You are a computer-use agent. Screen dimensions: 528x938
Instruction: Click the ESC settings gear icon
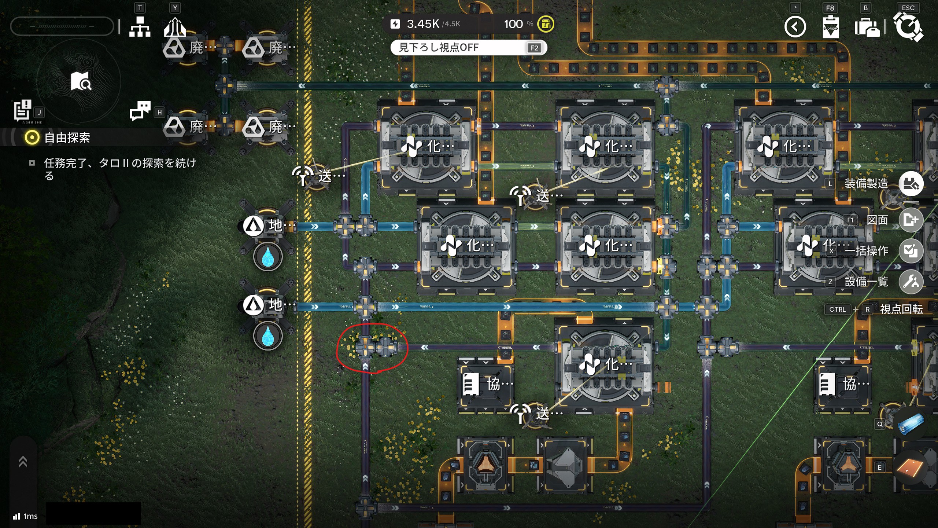point(908,26)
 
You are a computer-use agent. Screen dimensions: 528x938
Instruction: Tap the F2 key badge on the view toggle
point(534,48)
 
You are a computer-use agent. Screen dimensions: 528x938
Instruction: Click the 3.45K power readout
point(423,24)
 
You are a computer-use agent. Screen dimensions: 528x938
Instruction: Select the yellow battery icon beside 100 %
point(546,24)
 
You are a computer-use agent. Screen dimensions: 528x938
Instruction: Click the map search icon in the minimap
point(81,81)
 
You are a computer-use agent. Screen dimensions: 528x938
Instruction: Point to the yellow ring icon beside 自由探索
point(32,138)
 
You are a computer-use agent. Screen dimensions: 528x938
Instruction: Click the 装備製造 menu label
point(866,183)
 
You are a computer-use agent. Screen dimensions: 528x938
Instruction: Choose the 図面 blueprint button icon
point(911,220)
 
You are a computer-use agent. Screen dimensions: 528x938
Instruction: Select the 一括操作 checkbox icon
point(911,251)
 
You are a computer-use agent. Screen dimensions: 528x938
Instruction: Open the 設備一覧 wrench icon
point(911,282)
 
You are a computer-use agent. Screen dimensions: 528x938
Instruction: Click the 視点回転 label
point(901,309)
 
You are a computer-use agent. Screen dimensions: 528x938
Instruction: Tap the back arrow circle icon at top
point(795,27)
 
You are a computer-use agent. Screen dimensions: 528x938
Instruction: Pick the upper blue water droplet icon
point(268,256)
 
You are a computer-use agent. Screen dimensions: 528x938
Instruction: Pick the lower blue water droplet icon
point(268,335)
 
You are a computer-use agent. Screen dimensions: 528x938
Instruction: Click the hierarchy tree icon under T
point(140,27)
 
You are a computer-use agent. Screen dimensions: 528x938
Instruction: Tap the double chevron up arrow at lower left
point(23,462)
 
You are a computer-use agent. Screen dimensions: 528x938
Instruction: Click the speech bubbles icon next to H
point(140,110)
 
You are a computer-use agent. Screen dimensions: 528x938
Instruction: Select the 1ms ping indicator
point(26,516)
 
